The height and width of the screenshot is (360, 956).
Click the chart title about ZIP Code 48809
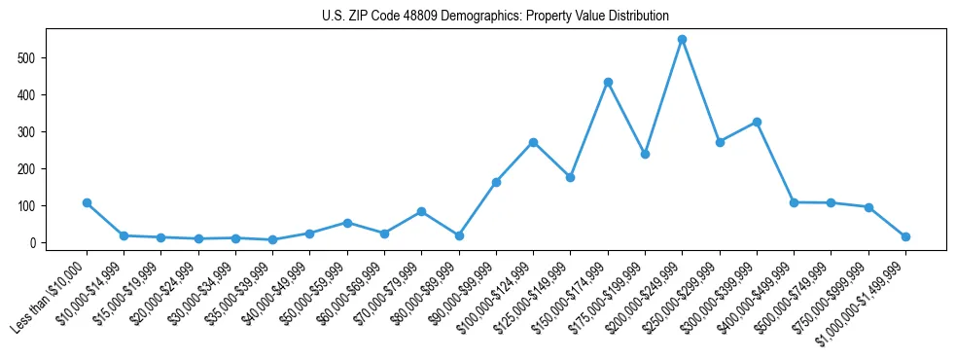[495, 16]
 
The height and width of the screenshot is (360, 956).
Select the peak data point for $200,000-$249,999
[682, 39]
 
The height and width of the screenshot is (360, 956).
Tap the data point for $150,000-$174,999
[608, 82]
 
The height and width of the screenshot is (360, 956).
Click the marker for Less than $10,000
[87, 202]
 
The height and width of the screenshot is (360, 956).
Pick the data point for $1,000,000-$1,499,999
[905, 236]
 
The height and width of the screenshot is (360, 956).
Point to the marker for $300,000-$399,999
[757, 122]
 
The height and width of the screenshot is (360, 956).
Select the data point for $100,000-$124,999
[533, 142]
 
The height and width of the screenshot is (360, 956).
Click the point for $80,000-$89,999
[459, 235]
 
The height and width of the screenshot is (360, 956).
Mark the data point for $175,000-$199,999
[645, 154]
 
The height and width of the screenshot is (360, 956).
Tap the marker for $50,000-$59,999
[347, 223]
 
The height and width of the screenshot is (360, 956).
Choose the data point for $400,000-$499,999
[794, 202]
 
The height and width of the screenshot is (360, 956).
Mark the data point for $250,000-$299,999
[720, 142]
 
